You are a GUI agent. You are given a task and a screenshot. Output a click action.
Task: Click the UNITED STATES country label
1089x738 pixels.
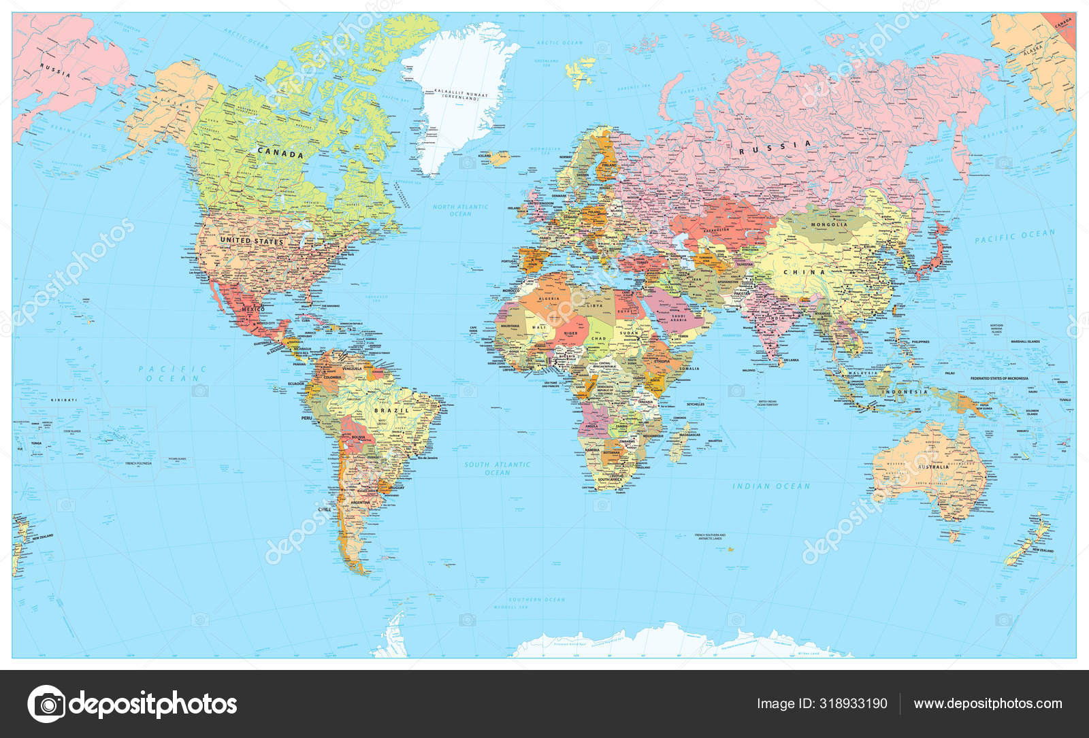pyautogui.click(x=252, y=241)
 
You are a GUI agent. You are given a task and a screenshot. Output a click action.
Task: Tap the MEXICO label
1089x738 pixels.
pyautogui.click(x=253, y=309)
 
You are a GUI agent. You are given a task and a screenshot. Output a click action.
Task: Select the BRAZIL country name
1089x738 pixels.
pyautogui.click(x=392, y=411)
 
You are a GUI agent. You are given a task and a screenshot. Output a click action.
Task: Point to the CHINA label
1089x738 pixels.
pyautogui.click(x=804, y=272)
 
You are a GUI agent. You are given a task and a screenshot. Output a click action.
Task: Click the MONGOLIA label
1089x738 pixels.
pyautogui.click(x=829, y=224)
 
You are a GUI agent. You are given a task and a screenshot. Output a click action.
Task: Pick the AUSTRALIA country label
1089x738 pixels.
pyautogui.click(x=933, y=467)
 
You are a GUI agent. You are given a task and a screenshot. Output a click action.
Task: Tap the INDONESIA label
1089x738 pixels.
pyautogui.click(x=906, y=392)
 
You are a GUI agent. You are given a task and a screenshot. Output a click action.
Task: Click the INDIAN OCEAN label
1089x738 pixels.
pyautogui.click(x=771, y=486)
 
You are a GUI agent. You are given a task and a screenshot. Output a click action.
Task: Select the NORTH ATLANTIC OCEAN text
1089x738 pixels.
pyautogui.click(x=461, y=210)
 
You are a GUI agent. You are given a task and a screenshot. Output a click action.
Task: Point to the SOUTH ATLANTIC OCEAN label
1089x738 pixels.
pyautogui.click(x=498, y=469)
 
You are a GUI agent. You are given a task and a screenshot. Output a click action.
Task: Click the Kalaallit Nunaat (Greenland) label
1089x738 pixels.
pyautogui.click(x=461, y=96)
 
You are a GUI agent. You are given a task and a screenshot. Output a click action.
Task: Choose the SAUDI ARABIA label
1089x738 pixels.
pyautogui.click(x=679, y=318)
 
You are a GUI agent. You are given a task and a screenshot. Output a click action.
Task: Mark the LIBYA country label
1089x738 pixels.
pyautogui.click(x=596, y=306)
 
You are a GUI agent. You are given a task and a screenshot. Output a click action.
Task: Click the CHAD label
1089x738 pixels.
pyautogui.click(x=598, y=338)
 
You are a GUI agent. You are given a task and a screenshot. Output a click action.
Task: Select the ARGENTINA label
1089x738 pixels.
pyautogui.click(x=360, y=503)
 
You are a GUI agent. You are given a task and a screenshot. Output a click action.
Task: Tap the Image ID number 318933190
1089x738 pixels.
pyautogui.click(x=822, y=704)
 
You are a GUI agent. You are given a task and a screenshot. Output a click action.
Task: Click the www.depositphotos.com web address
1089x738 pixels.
pyautogui.click(x=988, y=704)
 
